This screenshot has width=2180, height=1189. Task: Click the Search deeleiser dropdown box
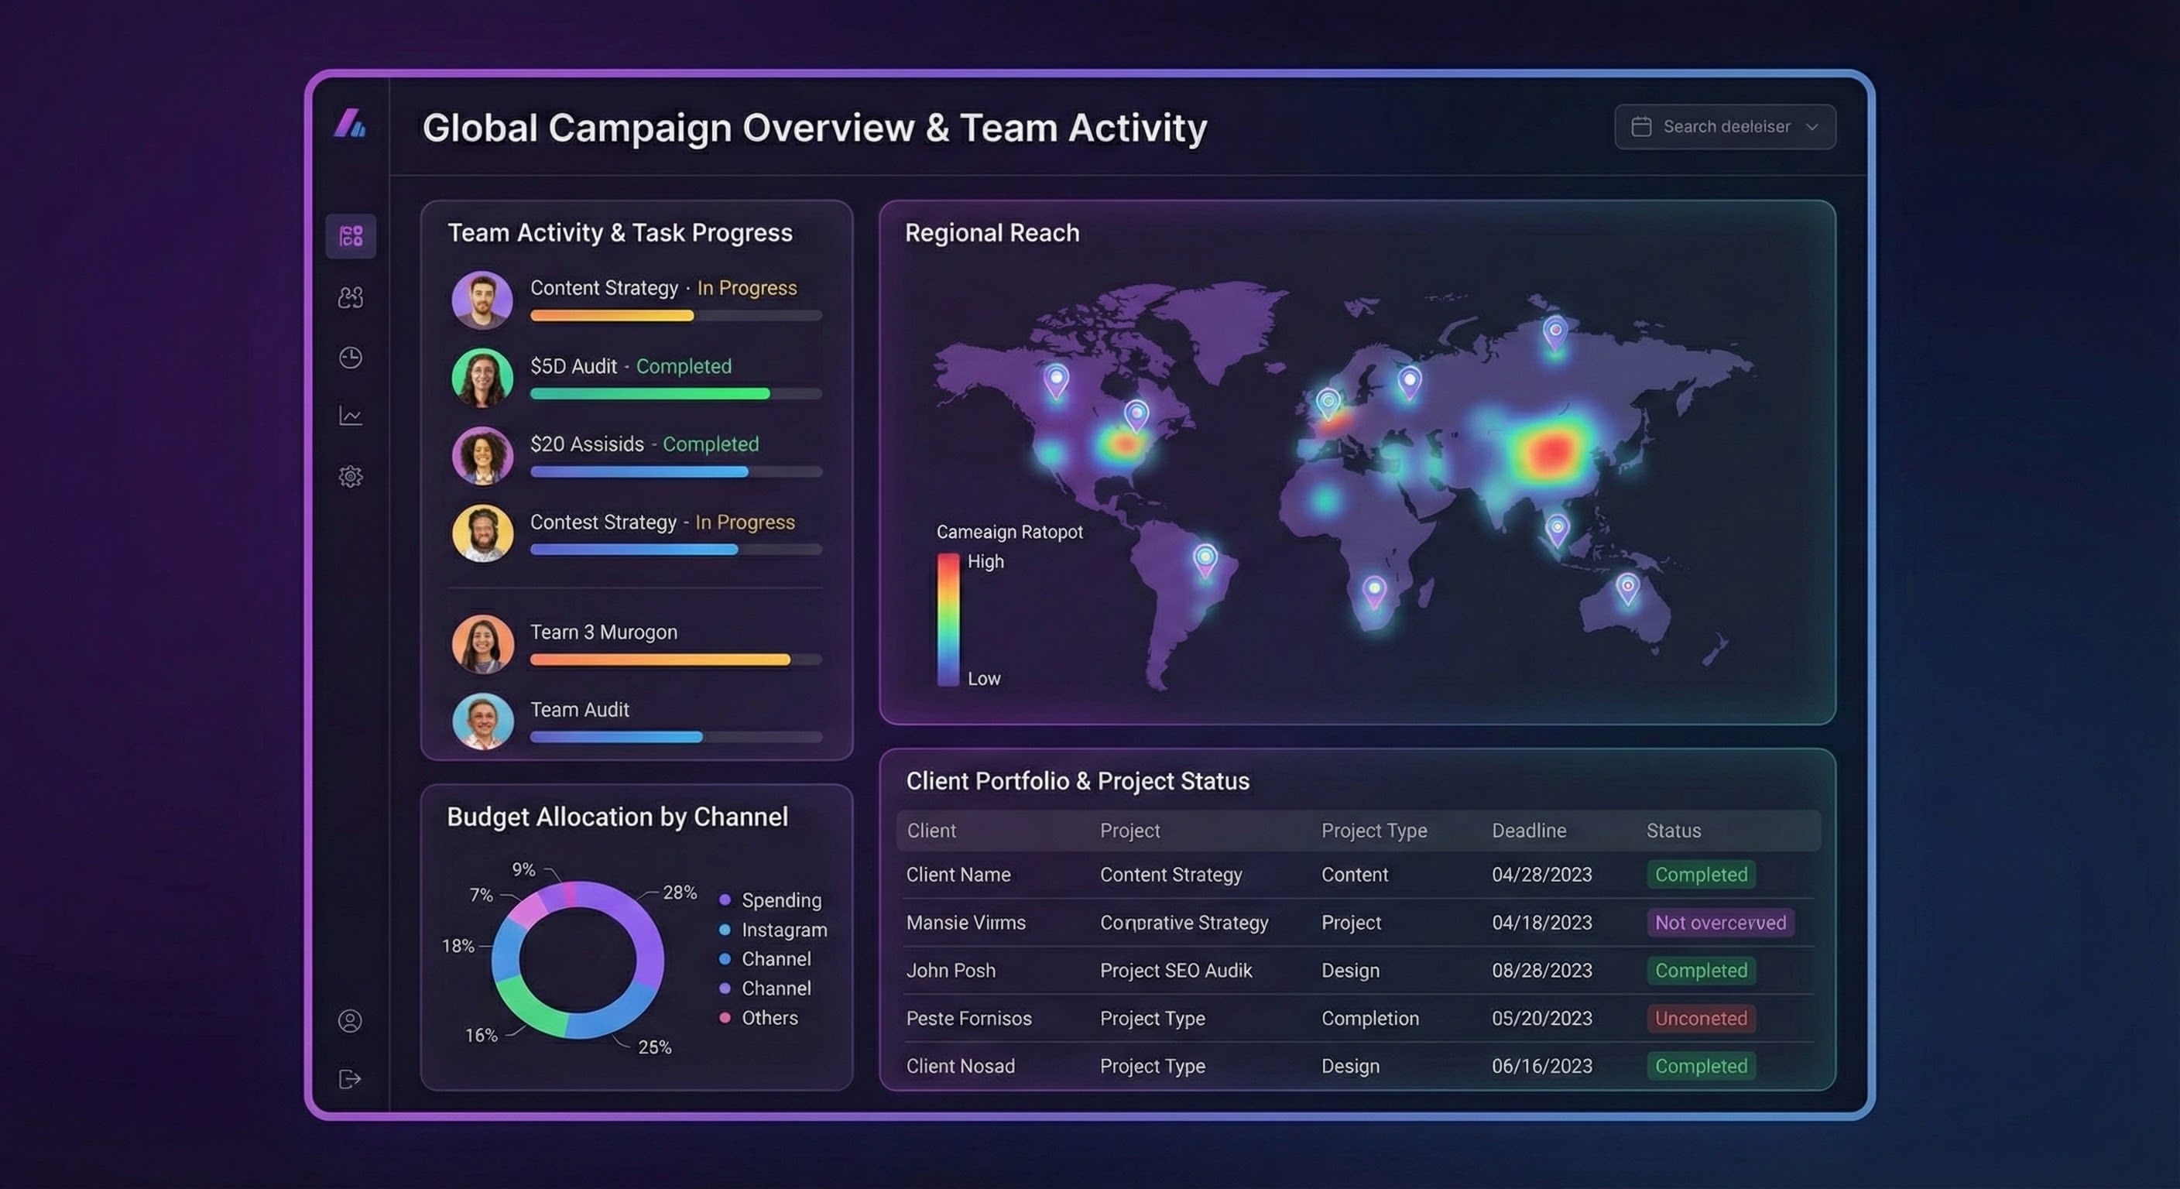tap(1724, 127)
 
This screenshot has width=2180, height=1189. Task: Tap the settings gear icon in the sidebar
tap(351, 476)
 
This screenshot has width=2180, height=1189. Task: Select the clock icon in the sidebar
tap(351, 357)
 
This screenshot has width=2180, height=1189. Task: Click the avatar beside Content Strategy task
tap(482, 300)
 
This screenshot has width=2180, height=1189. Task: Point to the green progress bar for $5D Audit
tap(650, 393)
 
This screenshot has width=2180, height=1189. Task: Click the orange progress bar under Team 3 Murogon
tap(660, 660)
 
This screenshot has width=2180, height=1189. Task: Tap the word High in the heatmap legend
tap(985, 562)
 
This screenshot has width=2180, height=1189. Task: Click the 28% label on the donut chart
tap(680, 892)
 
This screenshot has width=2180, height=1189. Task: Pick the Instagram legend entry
tap(783, 930)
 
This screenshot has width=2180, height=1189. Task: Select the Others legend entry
tap(769, 1018)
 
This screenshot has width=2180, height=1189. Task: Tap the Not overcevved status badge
tap(1719, 923)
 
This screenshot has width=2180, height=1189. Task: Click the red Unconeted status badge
tap(1700, 1018)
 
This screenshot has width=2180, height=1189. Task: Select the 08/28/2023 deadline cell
tap(1541, 971)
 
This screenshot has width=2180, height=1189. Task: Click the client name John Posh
tap(951, 971)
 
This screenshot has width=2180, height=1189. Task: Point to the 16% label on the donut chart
tap(481, 1035)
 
